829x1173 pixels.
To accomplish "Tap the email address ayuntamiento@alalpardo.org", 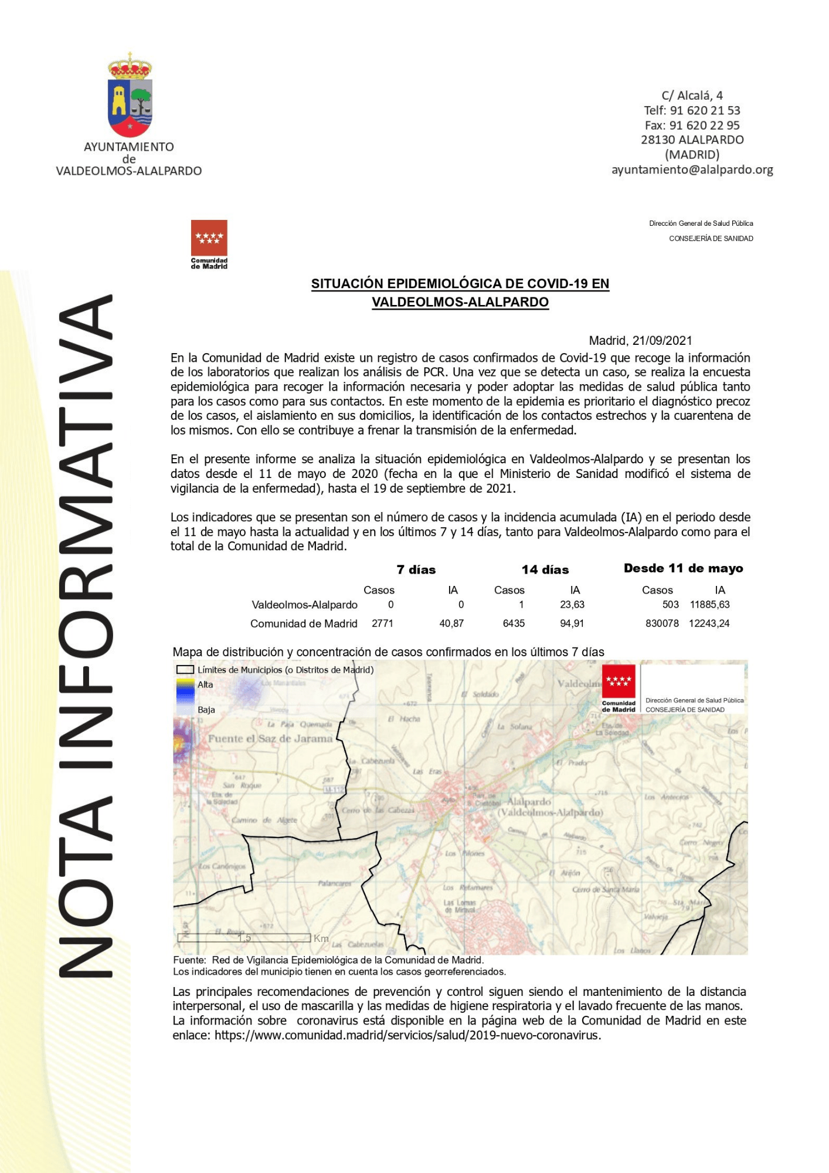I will [x=692, y=169].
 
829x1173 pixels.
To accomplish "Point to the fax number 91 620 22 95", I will [x=704, y=125].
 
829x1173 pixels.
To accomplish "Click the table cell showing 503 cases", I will [x=670, y=605].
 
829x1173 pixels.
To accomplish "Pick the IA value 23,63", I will [x=572, y=605].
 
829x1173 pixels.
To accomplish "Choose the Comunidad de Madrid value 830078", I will [x=662, y=623].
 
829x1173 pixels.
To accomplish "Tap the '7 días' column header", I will [x=416, y=569].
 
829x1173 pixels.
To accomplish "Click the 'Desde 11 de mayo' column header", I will [x=683, y=568].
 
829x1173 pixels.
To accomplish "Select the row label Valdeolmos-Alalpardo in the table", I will [x=304, y=605].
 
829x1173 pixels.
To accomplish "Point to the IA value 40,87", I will [x=451, y=623].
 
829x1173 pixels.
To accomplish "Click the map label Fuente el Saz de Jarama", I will [x=270, y=738].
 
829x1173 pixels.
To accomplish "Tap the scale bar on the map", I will [x=244, y=938].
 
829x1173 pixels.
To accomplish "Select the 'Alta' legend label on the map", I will [x=205, y=684].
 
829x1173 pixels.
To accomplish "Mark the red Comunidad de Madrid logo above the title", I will [x=209, y=239].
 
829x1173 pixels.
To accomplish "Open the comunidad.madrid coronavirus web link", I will [x=407, y=1035].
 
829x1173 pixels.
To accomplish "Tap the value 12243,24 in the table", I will [x=709, y=623].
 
